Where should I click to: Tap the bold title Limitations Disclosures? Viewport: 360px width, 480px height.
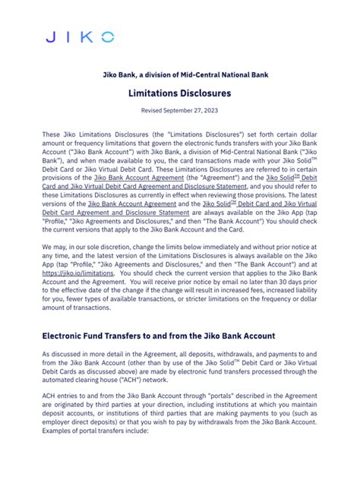179,95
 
